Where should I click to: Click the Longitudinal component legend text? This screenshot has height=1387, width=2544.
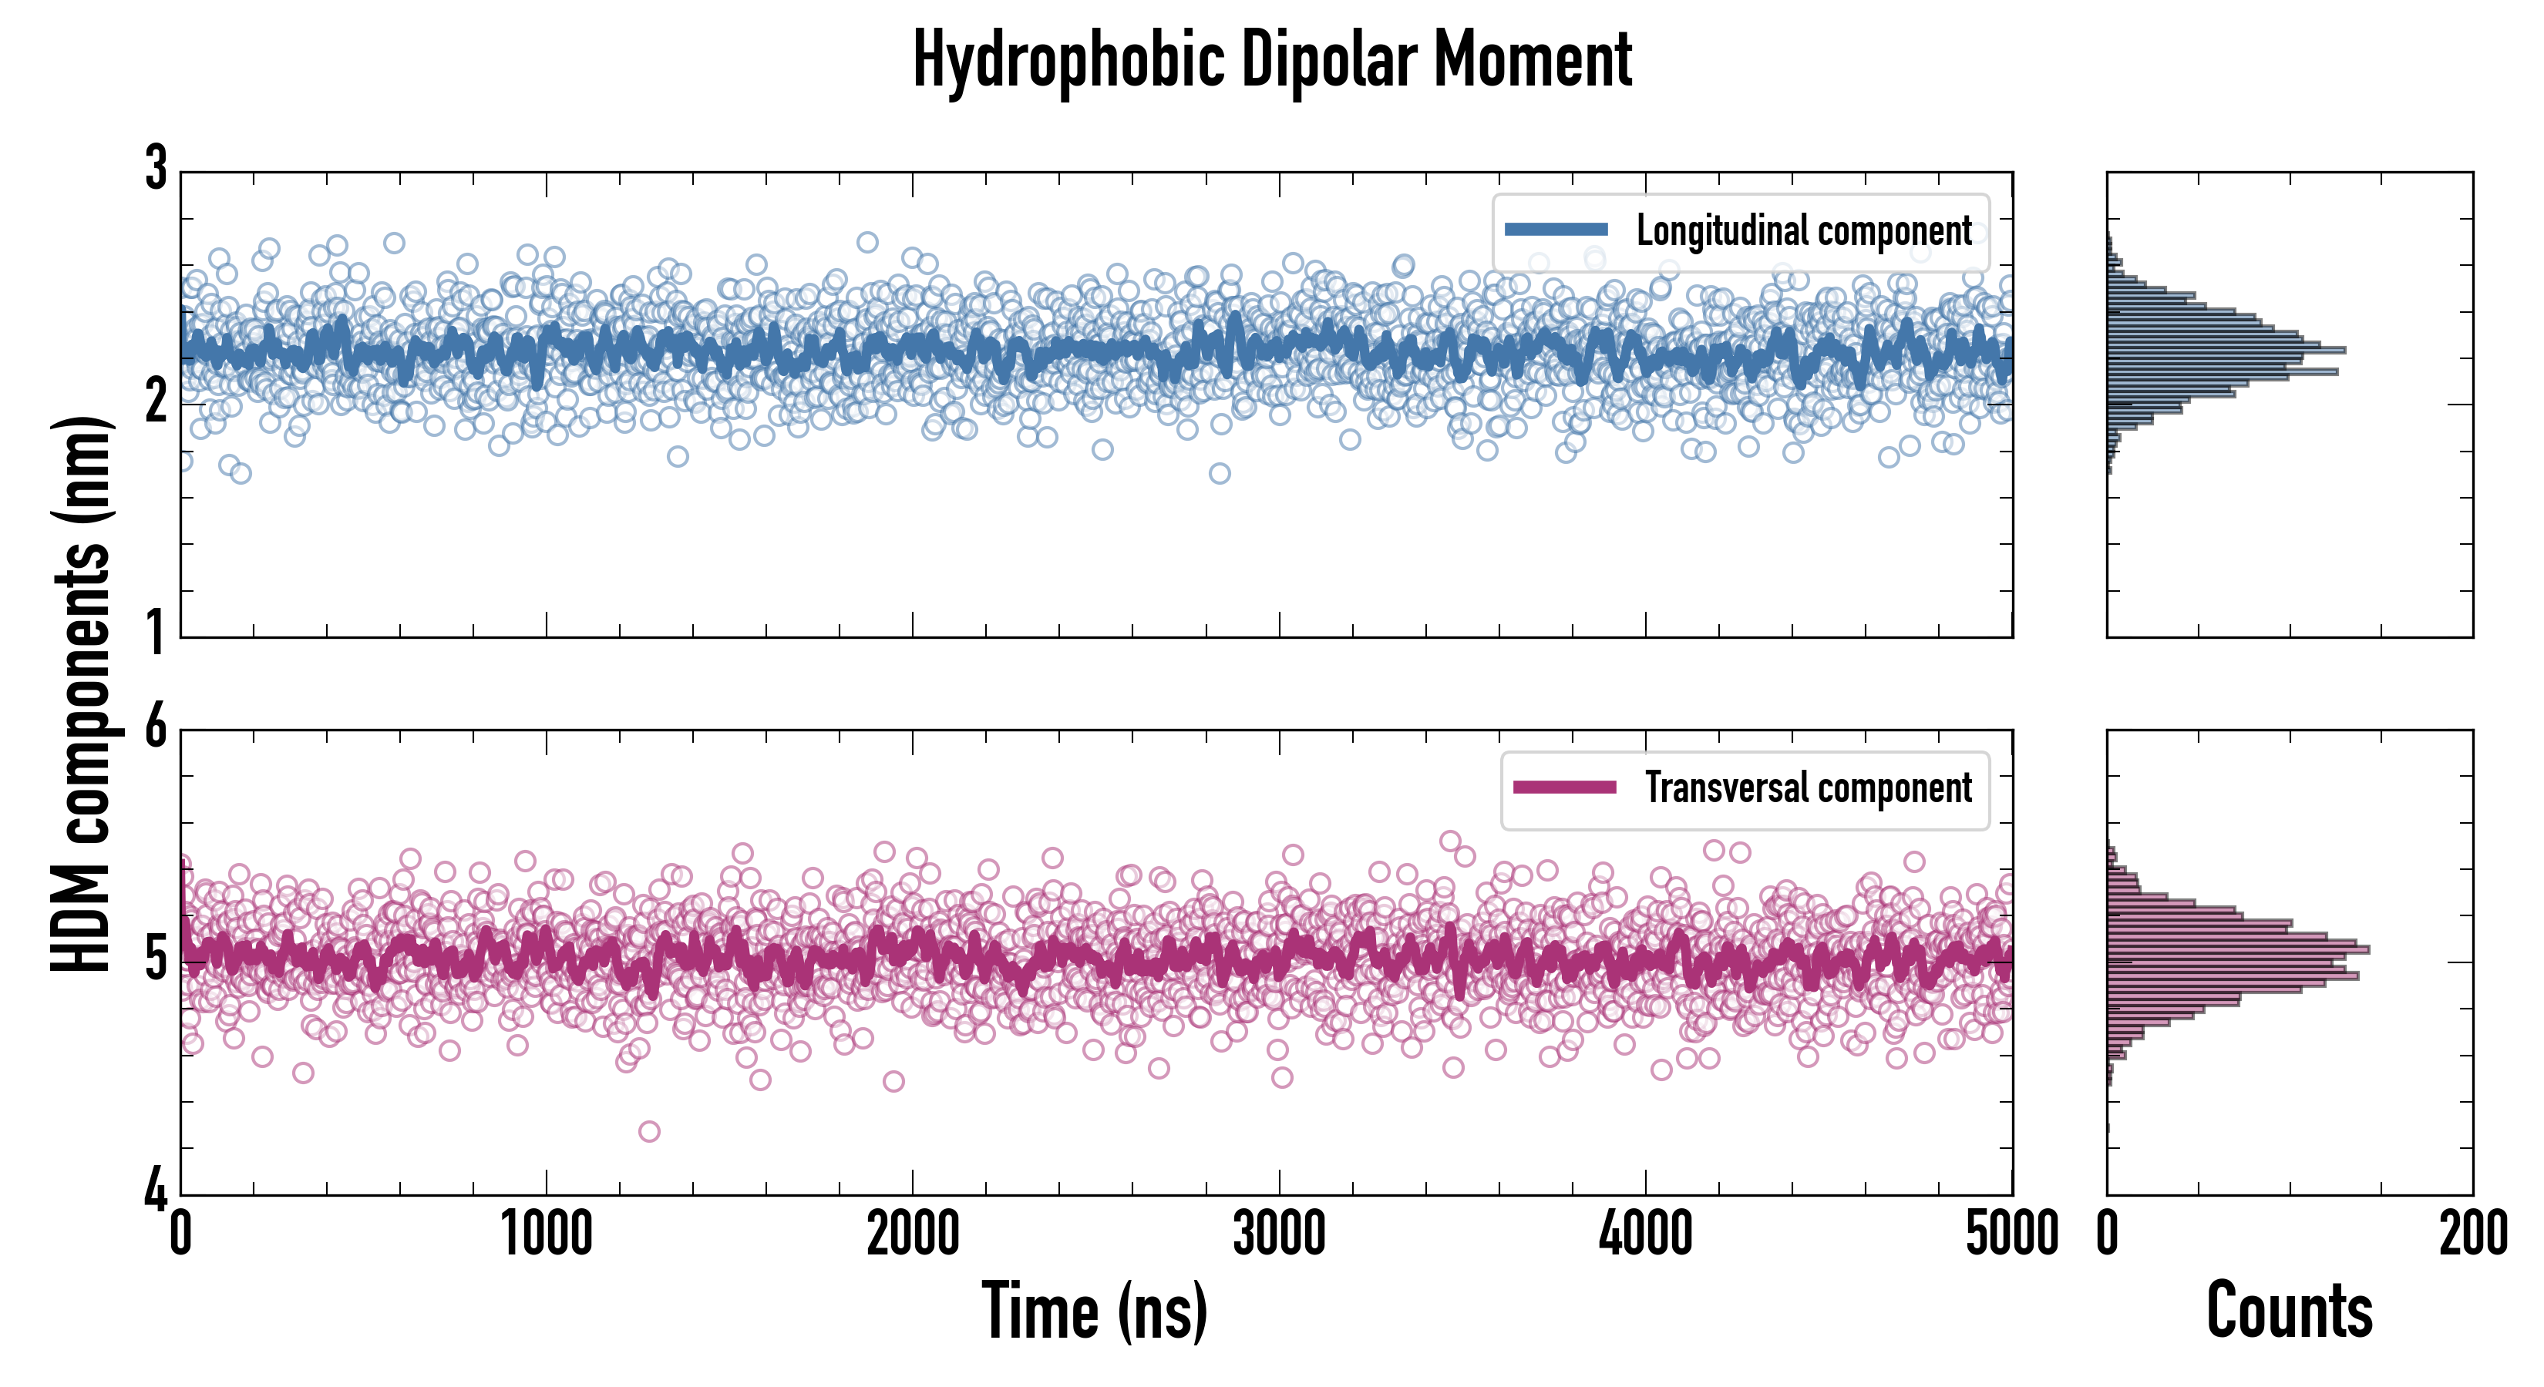click(x=1803, y=231)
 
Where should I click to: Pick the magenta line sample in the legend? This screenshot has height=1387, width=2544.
click(x=1564, y=788)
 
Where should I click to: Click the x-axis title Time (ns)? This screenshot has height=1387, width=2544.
click(x=1094, y=1311)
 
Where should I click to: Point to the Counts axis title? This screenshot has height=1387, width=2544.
click(x=2289, y=1311)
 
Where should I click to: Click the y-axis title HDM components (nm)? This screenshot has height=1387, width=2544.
click(x=81, y=693)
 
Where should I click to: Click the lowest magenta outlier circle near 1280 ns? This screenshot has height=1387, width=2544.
click(x=649, y=1131)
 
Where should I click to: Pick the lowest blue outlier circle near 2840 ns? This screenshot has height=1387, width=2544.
click(x=1220, y=474)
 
